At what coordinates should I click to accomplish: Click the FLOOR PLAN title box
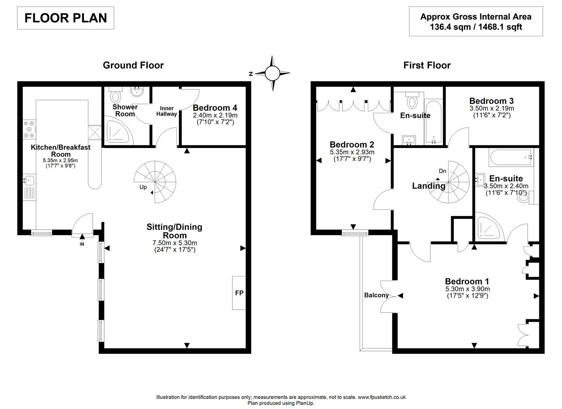click(x=65, y=18)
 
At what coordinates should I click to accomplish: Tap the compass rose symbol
click(x=272, y=73)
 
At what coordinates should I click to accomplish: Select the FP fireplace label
click(x=239, y=293)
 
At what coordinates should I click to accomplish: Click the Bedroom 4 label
click(x=215, y=108)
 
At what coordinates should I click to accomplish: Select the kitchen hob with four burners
click(x=29, y=129)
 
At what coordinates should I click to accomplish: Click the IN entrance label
click(x=82, y=244)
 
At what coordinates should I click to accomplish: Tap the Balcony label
click(x=376, y=295)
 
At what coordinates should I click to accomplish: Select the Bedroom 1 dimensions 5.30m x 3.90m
click(x=467, y=289)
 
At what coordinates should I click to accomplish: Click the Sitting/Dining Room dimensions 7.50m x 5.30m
click(x=174, y=243)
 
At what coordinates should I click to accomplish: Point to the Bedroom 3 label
click(x=491, y=101)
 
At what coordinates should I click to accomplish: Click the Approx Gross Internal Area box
click(x=476, y=22)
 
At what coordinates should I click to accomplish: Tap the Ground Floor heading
click(x=133, y=65)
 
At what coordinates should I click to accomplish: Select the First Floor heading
click(x=427, y=65)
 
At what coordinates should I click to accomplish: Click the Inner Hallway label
click(x=166, y=111)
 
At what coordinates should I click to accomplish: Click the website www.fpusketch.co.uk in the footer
click(x=381, y=397)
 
